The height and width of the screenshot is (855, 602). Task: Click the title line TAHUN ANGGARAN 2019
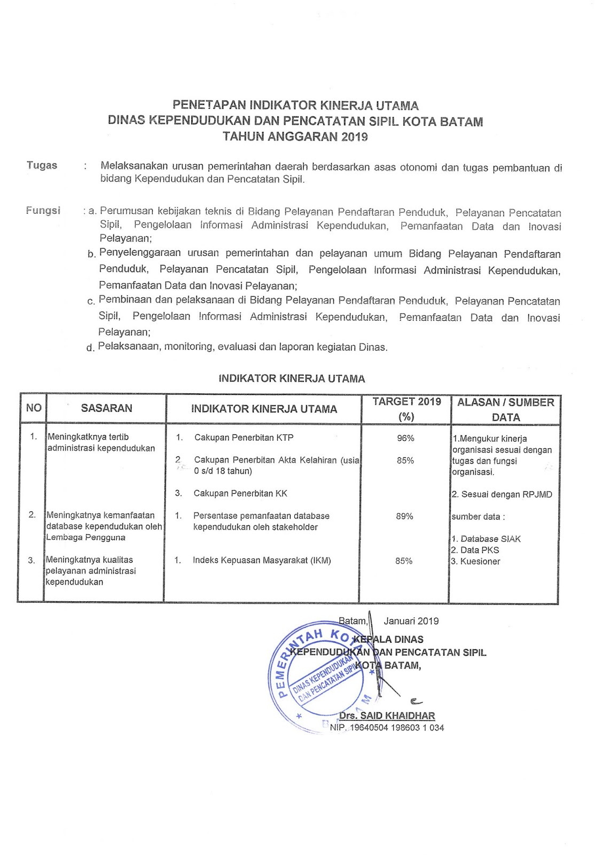[x=295, y=136]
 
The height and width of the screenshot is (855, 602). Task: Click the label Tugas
[x=42, y=165]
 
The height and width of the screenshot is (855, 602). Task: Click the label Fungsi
[x=43, y=211]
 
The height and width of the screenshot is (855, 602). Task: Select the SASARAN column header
[x=106, y=408]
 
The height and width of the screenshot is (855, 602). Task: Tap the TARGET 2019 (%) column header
[x=406, y=409]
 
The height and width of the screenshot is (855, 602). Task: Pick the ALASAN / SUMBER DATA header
[x=505, y=409]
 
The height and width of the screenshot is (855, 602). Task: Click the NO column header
[x=34, y=408]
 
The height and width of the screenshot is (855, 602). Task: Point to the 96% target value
[x=405, y=438]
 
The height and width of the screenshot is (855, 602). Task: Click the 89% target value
[x=404, y=516]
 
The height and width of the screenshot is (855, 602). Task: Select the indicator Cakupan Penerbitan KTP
[x=244, y=438]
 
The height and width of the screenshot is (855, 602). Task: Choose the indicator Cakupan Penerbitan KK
[x=240, y=493]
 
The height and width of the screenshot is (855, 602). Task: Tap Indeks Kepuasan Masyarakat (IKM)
[x=262, y=561]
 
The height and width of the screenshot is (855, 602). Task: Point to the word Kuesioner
[x=480, y=561]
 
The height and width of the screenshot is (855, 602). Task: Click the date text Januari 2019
[x=411, y=621]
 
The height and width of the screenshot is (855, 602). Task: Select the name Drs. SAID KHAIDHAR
[x=387, y=716]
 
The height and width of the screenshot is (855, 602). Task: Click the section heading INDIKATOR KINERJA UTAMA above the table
[x=292, y=379]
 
